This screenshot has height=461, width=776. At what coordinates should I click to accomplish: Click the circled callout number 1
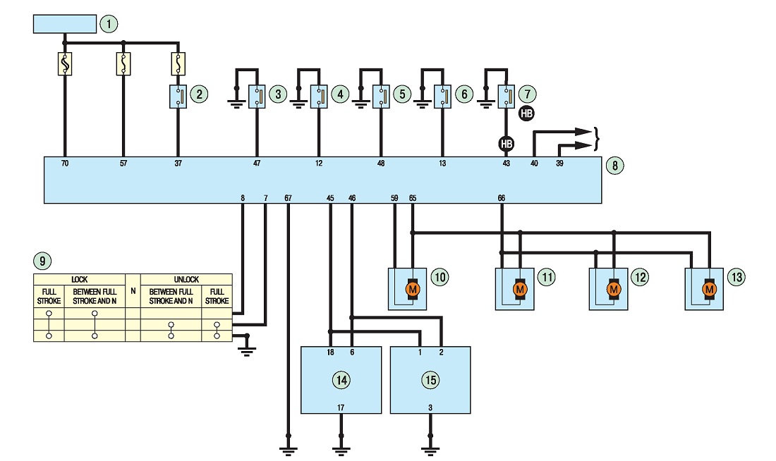(109, 24)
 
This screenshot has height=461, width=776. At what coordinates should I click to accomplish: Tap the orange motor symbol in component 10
(412, 289)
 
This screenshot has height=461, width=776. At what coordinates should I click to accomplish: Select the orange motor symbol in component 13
(709, 289)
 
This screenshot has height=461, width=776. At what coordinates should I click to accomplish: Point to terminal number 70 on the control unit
(65, 164)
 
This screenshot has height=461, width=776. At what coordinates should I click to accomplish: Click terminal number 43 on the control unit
(506, 164)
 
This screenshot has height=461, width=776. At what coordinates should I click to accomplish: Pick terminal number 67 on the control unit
(288, 198)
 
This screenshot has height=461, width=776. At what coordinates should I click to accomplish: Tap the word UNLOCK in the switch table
(186, 279)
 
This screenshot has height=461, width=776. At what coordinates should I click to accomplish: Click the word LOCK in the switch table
(79, 279)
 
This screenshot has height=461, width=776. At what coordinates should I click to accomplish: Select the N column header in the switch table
(133, 291)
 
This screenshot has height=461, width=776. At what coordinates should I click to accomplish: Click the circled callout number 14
(341, 380)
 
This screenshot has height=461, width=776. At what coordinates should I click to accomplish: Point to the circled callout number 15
(430, 380)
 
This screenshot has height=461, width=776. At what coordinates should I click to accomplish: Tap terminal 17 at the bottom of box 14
(341, 407)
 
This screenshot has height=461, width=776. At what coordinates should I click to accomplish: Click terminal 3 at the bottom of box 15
(430, 407)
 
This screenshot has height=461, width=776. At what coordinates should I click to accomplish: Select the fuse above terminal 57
(123, 64)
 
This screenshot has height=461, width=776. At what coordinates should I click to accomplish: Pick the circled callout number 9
(42, 261)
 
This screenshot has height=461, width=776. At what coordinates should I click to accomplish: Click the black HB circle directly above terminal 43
(506, 144)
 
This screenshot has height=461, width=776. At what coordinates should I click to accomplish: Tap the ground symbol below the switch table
(246, 351)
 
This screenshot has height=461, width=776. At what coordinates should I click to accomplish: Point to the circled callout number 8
(614, 165)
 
